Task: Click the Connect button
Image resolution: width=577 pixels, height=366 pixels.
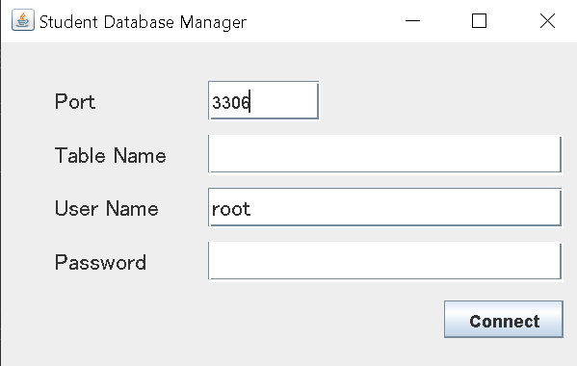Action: click(504, 321)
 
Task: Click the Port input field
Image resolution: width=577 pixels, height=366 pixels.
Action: click(263, 101)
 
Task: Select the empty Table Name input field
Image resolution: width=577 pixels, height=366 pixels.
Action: click(384, 154)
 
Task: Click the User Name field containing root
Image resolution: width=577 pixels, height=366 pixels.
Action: click(384, 208)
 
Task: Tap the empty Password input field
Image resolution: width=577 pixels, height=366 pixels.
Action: click(384, 261)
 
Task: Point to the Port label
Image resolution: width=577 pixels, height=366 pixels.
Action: click(75, 101)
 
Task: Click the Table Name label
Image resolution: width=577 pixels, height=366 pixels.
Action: click(110, 155)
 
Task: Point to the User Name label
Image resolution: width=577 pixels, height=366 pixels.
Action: click(106, 208)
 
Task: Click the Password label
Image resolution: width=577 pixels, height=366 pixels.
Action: click(100, 262)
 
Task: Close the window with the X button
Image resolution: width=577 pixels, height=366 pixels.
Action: click(547, 21)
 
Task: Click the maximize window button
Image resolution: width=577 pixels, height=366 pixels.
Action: click(479, 21)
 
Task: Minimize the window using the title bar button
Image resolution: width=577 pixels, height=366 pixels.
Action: click(411, 21)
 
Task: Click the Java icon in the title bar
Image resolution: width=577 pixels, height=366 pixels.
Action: click(22, 20)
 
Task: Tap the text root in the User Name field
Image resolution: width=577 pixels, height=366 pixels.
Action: click(231, 208)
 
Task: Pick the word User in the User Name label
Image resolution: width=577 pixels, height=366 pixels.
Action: click(73, 208)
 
